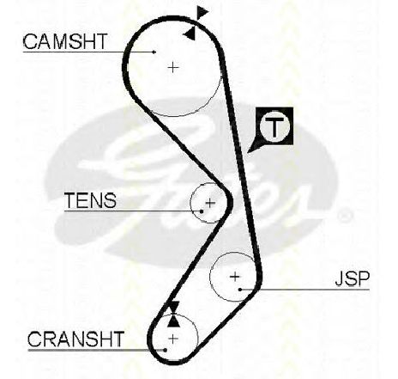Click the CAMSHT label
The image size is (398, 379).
click(x=65, y=41)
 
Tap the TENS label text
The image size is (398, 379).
click(x=90, y=200)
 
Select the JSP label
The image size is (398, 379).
click(x=353, y=278)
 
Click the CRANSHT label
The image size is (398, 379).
click(x=75, y=339)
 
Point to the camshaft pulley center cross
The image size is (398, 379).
click(x=173, y=68)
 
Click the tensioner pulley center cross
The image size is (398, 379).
click(x=210, y=203)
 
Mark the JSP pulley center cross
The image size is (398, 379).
click(x=235, y=277)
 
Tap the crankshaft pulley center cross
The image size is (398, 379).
click(x=173, y=339)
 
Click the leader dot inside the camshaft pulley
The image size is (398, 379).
click(x=154, y=52)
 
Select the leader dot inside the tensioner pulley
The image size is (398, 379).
click(x=202, y=211)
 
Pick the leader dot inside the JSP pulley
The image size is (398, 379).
click(x=240, y=290)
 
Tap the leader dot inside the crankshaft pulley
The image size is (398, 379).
click(x=166, y=350)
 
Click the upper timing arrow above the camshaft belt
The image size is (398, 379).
click(x=202, y=12)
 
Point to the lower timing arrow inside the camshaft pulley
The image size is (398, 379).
click(x=190, y=34)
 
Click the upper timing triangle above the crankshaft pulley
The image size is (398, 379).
click(x=174, y=307)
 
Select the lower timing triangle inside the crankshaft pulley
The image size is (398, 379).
click(x=173, y=321)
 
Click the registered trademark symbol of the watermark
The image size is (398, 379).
click(x=344, y=215)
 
